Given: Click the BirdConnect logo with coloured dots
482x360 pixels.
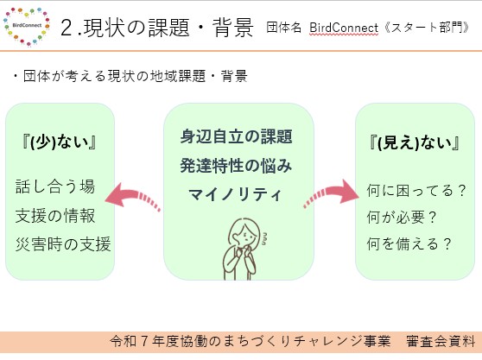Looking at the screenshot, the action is tap(27, 27).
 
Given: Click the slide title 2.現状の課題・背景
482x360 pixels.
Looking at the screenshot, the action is tap(157, 28).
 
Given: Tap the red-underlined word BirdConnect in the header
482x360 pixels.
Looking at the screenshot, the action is tap(344, 28).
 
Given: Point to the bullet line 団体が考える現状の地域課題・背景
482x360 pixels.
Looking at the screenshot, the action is tap(130, 76).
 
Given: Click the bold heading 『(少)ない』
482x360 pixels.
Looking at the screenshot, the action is tap(60, 142).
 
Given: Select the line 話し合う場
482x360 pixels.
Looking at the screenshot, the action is tap(55, 186).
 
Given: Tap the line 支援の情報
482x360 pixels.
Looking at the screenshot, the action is tap(55, 215).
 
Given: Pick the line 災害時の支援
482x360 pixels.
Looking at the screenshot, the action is tap(63, 244).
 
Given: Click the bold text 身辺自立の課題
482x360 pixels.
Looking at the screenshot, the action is tap(236, 136).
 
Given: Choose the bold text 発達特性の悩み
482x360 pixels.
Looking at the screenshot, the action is tap(236, 166).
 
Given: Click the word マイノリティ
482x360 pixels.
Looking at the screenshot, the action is tap(235, 195).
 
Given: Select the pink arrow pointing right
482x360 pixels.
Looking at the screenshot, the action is tap(332, 193).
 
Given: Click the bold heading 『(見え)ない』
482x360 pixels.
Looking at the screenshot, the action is tap(415, 142).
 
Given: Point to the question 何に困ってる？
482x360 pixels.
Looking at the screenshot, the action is tap(416, 191).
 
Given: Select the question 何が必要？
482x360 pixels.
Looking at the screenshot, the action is tap(402, 218).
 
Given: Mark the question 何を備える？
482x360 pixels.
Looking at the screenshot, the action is tap(409, 244).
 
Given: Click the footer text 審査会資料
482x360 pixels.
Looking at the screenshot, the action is tap(441, 341).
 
